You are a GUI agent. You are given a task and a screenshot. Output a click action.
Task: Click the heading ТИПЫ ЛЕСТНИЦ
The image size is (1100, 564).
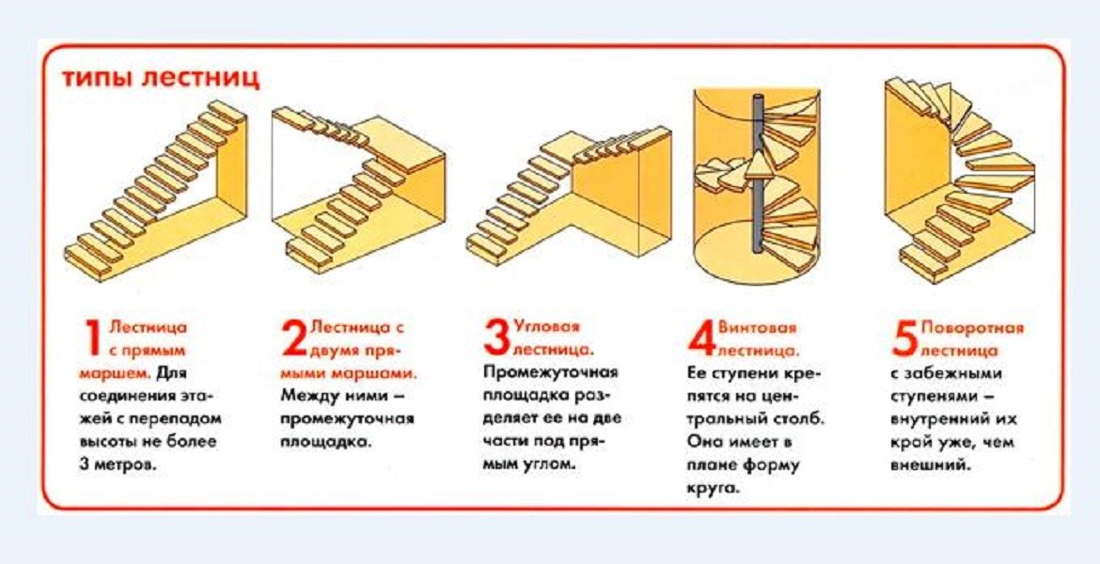coord(160,78)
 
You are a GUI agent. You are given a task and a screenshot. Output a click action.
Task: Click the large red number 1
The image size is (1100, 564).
coord(92,340)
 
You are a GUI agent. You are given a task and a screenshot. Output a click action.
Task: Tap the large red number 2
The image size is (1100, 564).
coord(294,339)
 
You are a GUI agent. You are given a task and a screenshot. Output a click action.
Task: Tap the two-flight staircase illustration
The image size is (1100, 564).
coord(357,188)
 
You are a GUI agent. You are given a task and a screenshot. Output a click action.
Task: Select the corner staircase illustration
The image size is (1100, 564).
coord(569,193)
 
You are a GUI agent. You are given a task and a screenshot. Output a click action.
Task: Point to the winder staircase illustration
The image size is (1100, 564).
coord(959,179)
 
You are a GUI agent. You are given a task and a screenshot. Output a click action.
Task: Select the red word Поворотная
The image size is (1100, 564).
coord(972,328)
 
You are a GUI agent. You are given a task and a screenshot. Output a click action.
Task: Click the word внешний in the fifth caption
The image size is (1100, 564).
coord(931,465)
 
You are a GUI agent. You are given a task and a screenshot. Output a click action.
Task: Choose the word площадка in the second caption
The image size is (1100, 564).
coord(325,442)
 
